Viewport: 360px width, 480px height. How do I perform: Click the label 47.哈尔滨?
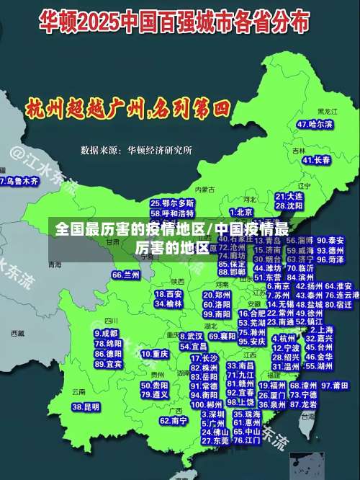pos(315,125)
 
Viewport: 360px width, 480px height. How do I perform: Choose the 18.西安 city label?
pos(168,294)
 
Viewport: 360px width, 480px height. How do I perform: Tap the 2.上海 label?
pos(321,329)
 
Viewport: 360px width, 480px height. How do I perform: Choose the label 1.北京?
pos(240,212)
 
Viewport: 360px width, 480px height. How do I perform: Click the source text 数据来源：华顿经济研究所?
pos(137,150)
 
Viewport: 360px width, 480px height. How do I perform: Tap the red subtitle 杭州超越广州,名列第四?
pos(127,110)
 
